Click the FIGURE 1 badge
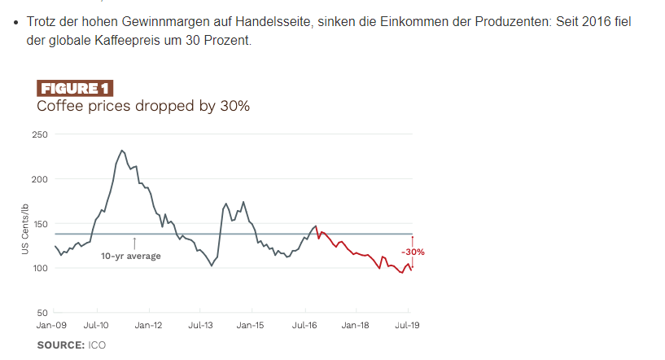click(x=75, y=89)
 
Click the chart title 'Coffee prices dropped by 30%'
click(x=142, y=106)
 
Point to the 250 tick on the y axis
click(x=40, y=134)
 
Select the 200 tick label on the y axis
click(x=40, y=179)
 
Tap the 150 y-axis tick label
click(x=40, y=224)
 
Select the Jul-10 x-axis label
click(x=97, y=325)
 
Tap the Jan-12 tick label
click(x=148, y=325)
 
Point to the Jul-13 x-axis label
click(x=200, y=325)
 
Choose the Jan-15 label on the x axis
click(x=250, y=325)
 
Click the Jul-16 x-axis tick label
click(x=304, y=325)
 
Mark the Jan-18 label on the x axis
click(x=355, y=325)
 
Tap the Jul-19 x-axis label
click(x=407, y=325)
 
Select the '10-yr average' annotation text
click(x=130, y=257)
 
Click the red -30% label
click(x=413, y=252)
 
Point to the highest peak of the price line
click(x=121, y=151)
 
